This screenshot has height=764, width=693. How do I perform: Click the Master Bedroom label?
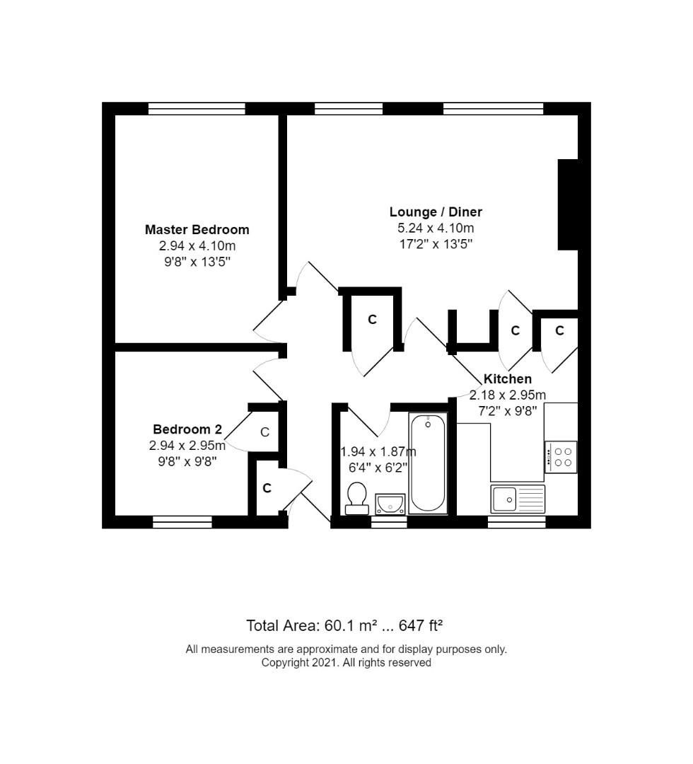coord(197,229)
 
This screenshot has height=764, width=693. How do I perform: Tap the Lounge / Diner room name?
coord(436,212)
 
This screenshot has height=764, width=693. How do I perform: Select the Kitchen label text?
coord(508,378)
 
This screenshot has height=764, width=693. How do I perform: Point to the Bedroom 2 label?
coord(187,429)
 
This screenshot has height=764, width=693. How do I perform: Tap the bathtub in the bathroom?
coord(428,463)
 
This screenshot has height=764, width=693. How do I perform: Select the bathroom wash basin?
coord(390,504)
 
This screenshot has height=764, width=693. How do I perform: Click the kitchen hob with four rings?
coord(561,457)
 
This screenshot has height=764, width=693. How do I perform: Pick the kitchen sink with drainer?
coord(518,499)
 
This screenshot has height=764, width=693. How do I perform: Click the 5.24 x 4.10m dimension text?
coord(436,228)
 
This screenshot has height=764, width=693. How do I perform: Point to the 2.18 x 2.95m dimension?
coord(508,395)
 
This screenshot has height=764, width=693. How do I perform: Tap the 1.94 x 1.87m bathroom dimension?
coord(378,451)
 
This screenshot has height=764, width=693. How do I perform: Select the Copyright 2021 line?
coord(346,663)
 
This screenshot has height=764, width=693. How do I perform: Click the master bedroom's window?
coord(197,108)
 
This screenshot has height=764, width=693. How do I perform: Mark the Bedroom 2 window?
coord(182,522)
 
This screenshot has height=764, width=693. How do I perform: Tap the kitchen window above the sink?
coord(517,522)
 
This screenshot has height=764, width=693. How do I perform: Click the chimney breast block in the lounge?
coord(568,204)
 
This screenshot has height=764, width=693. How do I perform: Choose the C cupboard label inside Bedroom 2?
coord(265,432)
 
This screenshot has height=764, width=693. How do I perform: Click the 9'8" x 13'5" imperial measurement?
coord(197,262)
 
